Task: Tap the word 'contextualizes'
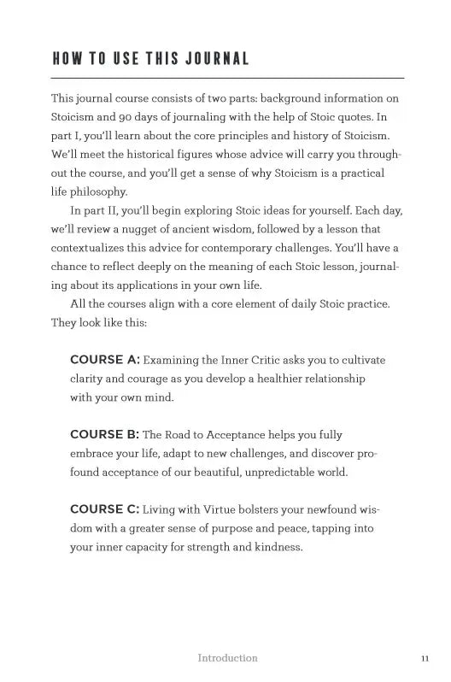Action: point(90,248)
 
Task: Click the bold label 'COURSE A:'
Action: point(104,360)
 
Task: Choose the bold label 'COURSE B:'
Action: point(104,435)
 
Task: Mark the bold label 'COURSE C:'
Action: point(104,509)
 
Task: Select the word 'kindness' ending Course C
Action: point(278,547)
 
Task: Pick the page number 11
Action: point(425,658)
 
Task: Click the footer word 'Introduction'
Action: point(227,658)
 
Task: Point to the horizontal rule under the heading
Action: point(227,78)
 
